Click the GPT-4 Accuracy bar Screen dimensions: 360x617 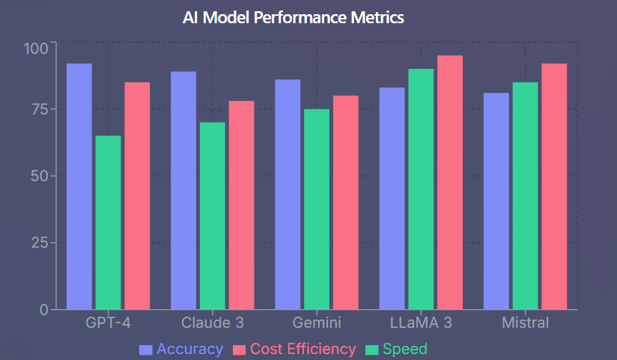[79, 186]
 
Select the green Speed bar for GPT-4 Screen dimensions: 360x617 [108, 222]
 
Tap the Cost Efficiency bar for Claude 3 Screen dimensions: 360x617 [241, 205]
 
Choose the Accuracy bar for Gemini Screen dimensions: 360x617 [288, 195]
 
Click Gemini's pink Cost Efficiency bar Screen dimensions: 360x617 [345, 202]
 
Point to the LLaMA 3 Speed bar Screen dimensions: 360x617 [421, 189]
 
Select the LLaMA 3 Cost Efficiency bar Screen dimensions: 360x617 [450, 182]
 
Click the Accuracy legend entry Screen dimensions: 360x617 [182, 350]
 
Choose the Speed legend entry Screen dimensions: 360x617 [396, 350]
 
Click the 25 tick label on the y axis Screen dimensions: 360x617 [39, 243]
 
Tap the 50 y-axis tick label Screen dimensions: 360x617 [39, 176]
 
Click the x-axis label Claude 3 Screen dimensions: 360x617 [213, 323]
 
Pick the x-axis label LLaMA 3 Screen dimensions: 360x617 [421, 323]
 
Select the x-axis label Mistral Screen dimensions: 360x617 [525, 323]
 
